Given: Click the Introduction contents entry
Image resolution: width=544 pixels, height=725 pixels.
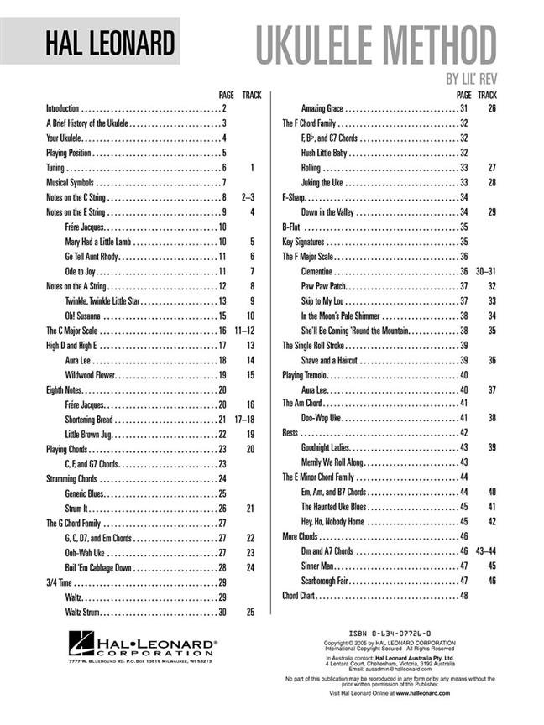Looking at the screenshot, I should click(x=62, y=108).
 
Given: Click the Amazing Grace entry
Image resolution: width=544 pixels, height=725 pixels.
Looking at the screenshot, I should click(x=326, y=108).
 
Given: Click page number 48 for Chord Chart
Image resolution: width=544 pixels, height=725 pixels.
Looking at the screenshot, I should click(x=463, y=595).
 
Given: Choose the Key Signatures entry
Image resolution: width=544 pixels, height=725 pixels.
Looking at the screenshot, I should click(x=304, y=242).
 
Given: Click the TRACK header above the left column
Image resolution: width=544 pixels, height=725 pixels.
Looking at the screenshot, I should click(x=251, y=95).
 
